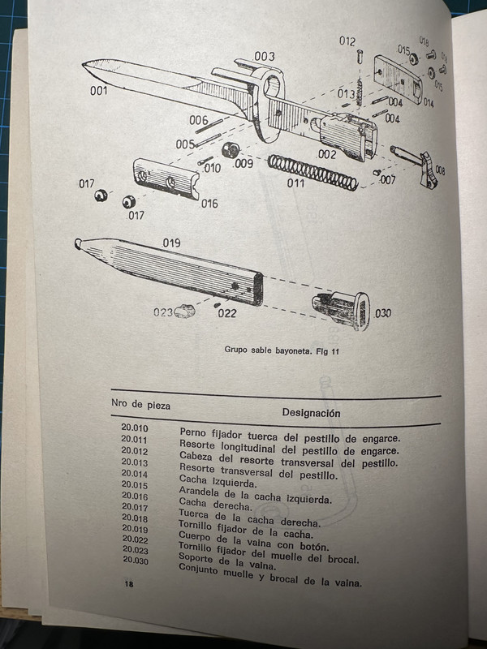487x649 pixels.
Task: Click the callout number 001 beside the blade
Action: click(x=98, y=91)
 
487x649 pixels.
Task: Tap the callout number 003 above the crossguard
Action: click(x=264, y=56)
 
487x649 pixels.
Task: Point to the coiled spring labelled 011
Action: click(x=312, y=171)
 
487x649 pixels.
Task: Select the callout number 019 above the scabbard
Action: click(x=171, y=243)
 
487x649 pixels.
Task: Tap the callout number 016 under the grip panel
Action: click(x=209, y=203)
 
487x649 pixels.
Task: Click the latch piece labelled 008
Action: click(x=427, y=175)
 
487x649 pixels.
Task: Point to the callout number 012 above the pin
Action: click(x=347, y=41)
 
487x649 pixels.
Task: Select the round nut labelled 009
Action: click(x=230, y=150)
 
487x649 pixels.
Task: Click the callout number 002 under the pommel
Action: click(x=327, y=154)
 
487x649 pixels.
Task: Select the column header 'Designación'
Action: click(x=311, y=412)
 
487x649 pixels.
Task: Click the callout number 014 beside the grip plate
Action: click(x=428, y=104)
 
